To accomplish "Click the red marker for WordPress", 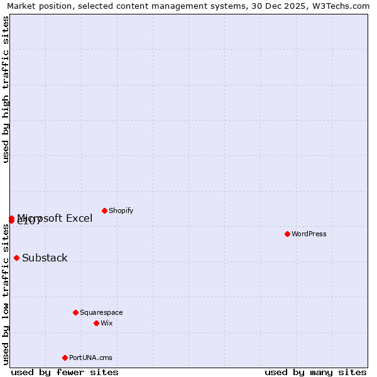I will [x=287, y=234].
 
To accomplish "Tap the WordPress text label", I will [x=309, y=234].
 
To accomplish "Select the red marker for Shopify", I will [x=104, y=210].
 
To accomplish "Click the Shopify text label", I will [x=121, y=210].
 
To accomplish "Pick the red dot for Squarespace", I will [x=75, y=312].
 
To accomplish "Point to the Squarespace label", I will [x=101, y=312].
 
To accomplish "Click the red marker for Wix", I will [x=96, y=323].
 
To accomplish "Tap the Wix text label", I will [x=107, y=323].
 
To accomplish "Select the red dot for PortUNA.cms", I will [x=65, y=358].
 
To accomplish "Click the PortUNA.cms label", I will [x=90, y=358].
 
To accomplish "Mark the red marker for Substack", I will [x=16, y=258].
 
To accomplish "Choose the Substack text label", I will [x=45, y=258].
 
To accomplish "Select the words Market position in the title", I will [x=36, y=6].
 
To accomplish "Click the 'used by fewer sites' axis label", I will [x=65, y=372].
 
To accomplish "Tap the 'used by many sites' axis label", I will [x=315, y=372].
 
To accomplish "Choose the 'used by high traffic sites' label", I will [x=6, y=89].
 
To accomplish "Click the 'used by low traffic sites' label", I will [x=6, y=294].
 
